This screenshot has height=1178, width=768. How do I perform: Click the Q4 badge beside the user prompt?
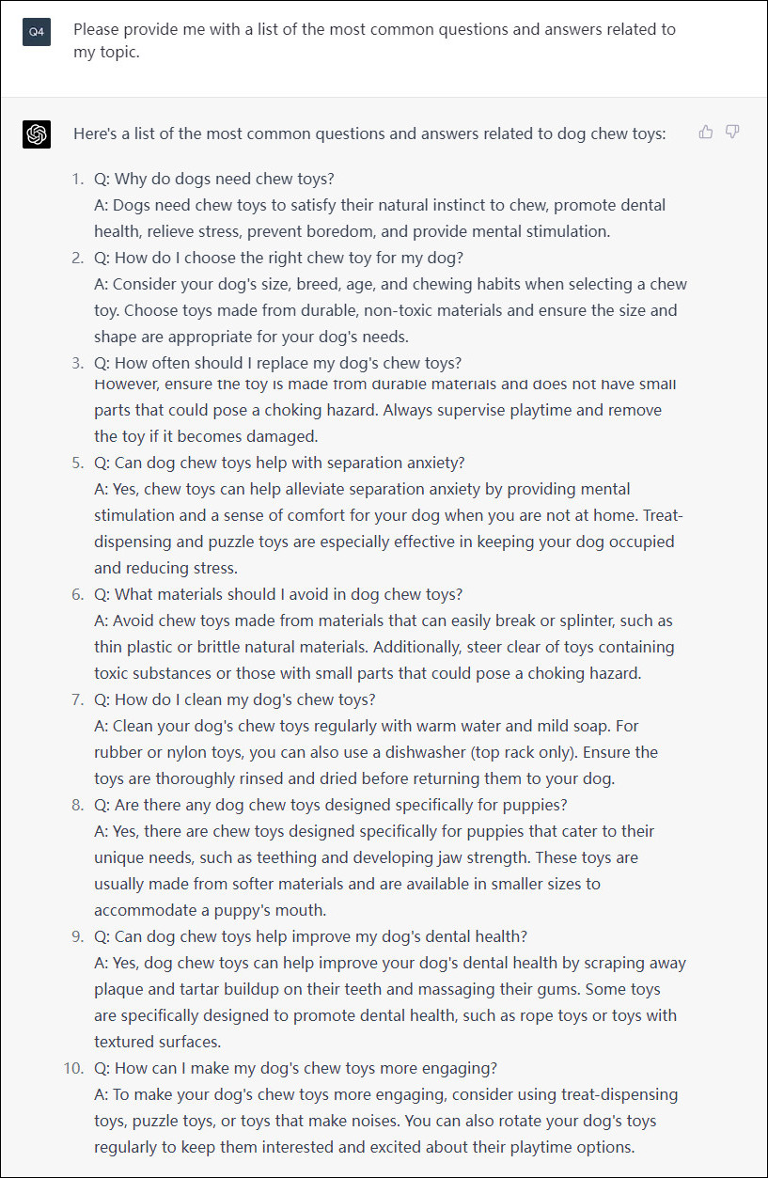(37, 32)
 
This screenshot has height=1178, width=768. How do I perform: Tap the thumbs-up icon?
(706, 132)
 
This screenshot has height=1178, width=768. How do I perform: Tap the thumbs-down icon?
(732, 132)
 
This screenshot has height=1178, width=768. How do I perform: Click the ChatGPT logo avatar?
(37, 134)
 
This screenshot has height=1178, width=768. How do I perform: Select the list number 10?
(72, 1068)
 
